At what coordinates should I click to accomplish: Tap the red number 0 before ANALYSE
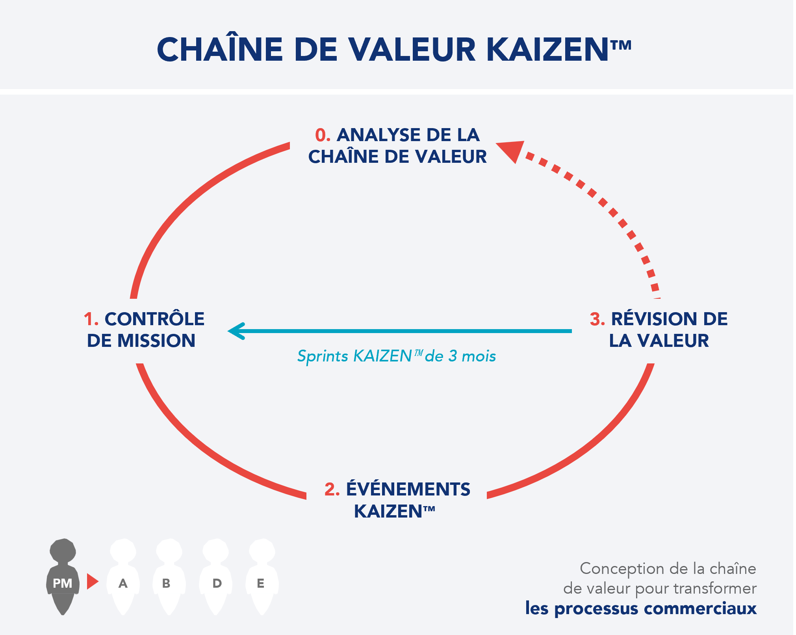(x=322, y=135)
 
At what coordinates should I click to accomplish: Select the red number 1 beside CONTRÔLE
(x=91, y=319)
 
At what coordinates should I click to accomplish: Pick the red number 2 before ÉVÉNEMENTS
(x=332, y=489)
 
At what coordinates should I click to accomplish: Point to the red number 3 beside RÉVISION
(x=597, y=319)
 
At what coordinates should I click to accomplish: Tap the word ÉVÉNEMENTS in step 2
(x=408, y=489)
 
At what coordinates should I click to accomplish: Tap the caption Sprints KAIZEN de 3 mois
(x=396, y=356)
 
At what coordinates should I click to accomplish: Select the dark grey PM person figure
(x=63, y=576)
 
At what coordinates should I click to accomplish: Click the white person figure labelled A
(x=123, y=576)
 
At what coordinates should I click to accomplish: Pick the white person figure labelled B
(x=169, y=576)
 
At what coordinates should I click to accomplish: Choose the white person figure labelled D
(x=215, y=576)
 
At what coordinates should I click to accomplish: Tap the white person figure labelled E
(x=262, y=576)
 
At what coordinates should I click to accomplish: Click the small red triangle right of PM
(x=92, y=581)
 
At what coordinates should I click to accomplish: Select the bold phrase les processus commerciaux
(x=641, y=608)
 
